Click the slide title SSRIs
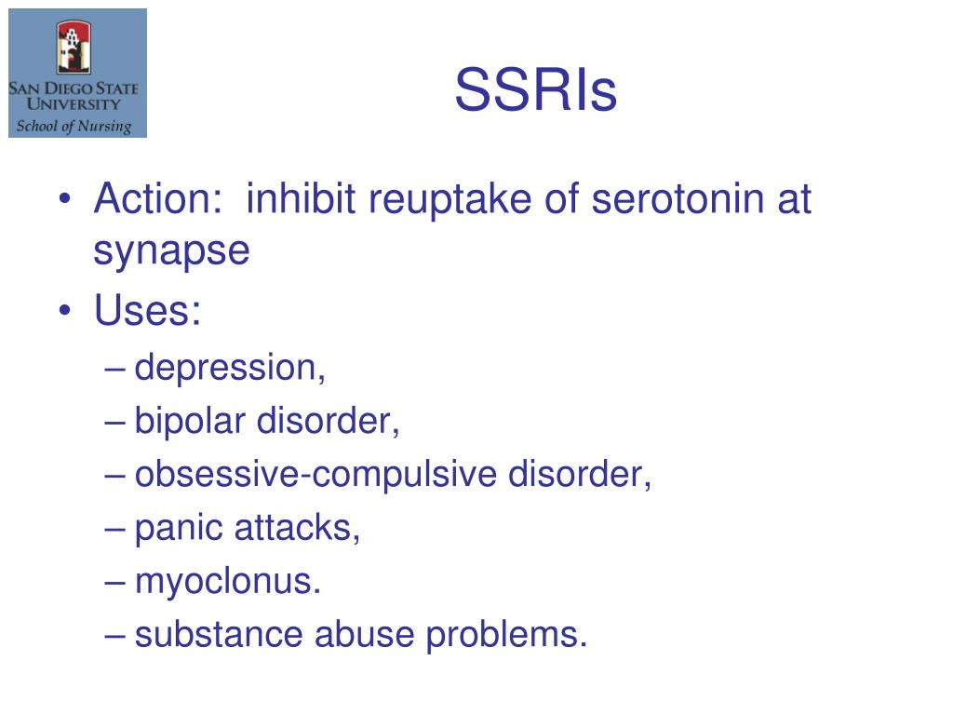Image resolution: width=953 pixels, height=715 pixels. [535, 91]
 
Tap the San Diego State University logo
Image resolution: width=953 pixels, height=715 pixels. [77, 73]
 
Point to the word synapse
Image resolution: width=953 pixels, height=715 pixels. [171, 252]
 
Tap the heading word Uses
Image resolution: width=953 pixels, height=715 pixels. [146, 311]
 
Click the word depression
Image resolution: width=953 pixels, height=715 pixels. [230, 369]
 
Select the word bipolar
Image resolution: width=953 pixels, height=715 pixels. [191, 422]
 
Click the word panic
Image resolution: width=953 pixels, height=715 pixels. [178, 528]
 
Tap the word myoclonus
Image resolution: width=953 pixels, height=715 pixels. [228, 582]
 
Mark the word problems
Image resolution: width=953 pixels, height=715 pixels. [507, 635]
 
